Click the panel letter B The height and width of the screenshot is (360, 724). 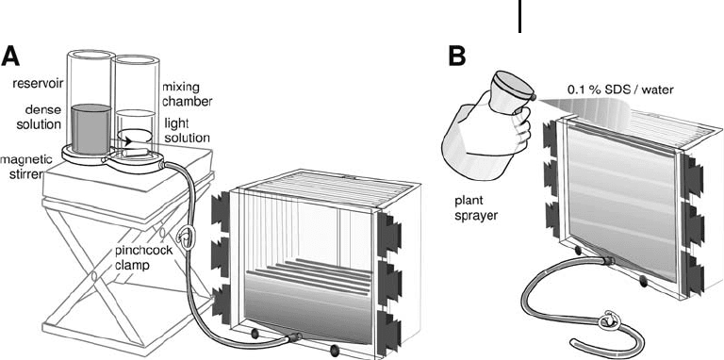(457, 56)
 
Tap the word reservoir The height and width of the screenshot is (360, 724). (38, 84)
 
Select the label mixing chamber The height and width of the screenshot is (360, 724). (187, 94)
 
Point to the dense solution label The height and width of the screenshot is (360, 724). (43, 117)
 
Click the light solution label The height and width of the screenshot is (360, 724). (187, 132)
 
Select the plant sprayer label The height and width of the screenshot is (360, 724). (476, 208)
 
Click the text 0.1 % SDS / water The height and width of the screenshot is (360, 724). (619, 90)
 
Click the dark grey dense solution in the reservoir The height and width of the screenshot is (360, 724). (90, 129)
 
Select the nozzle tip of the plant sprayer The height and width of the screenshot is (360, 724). (534, 98)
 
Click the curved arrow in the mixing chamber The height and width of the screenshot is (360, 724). (135, 137)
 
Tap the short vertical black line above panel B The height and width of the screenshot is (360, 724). (520, 16)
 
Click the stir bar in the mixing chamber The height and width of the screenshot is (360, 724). (134, 152)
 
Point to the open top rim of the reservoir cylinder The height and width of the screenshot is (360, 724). (90, 55)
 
